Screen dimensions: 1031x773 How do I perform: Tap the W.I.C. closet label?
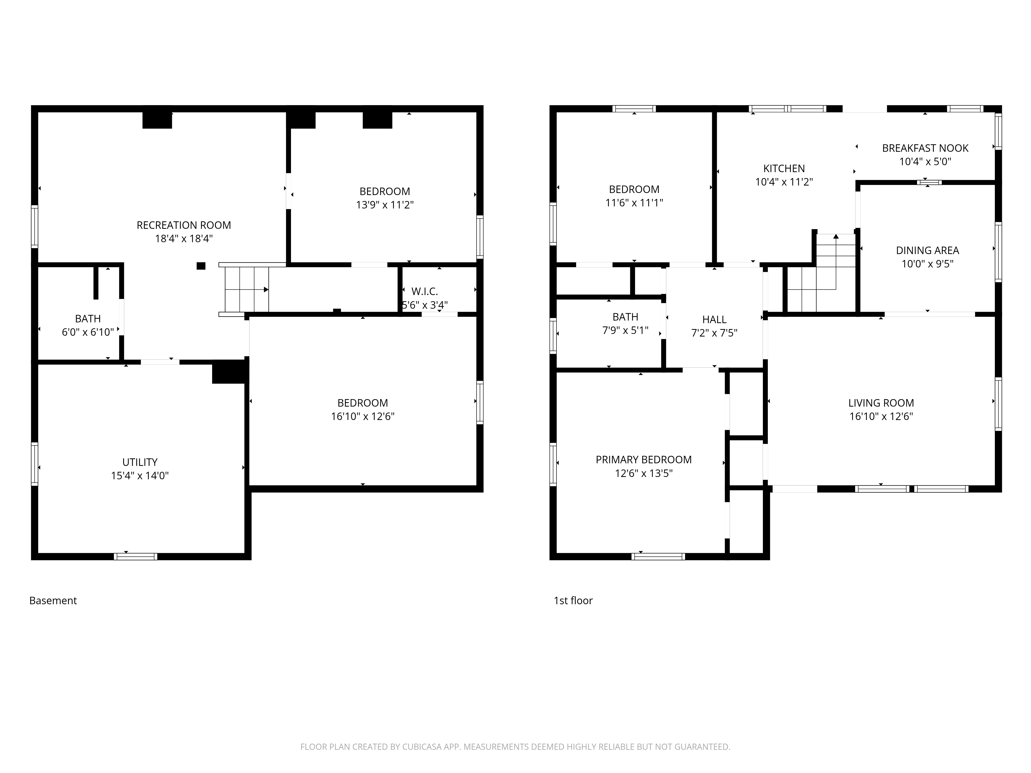click(x=425, y=292)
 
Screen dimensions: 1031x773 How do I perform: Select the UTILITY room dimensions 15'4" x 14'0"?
click(x=140, y=476)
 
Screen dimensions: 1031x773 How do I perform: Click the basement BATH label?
click(x=88, y=319)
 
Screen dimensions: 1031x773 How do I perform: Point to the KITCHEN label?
click(x=784, y=169)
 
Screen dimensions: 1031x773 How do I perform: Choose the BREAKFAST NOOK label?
click(x=925, y=148)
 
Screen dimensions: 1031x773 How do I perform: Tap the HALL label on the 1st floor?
click(x=714, y=320)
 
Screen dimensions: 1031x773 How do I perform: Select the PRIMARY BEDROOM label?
click(x=644, y=460)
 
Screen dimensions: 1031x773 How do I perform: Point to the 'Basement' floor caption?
click(x=53, y=601)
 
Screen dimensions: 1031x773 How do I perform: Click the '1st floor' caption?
click(x=573, y=601)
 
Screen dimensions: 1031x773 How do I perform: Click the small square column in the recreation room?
click(x=201, y=266)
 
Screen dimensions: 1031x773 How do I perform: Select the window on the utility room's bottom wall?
click(x=136, y=556)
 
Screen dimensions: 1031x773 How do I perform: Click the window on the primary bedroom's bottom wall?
click(x=658, y=556)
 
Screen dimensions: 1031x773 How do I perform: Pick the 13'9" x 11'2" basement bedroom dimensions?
click(x=385, y=205)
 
